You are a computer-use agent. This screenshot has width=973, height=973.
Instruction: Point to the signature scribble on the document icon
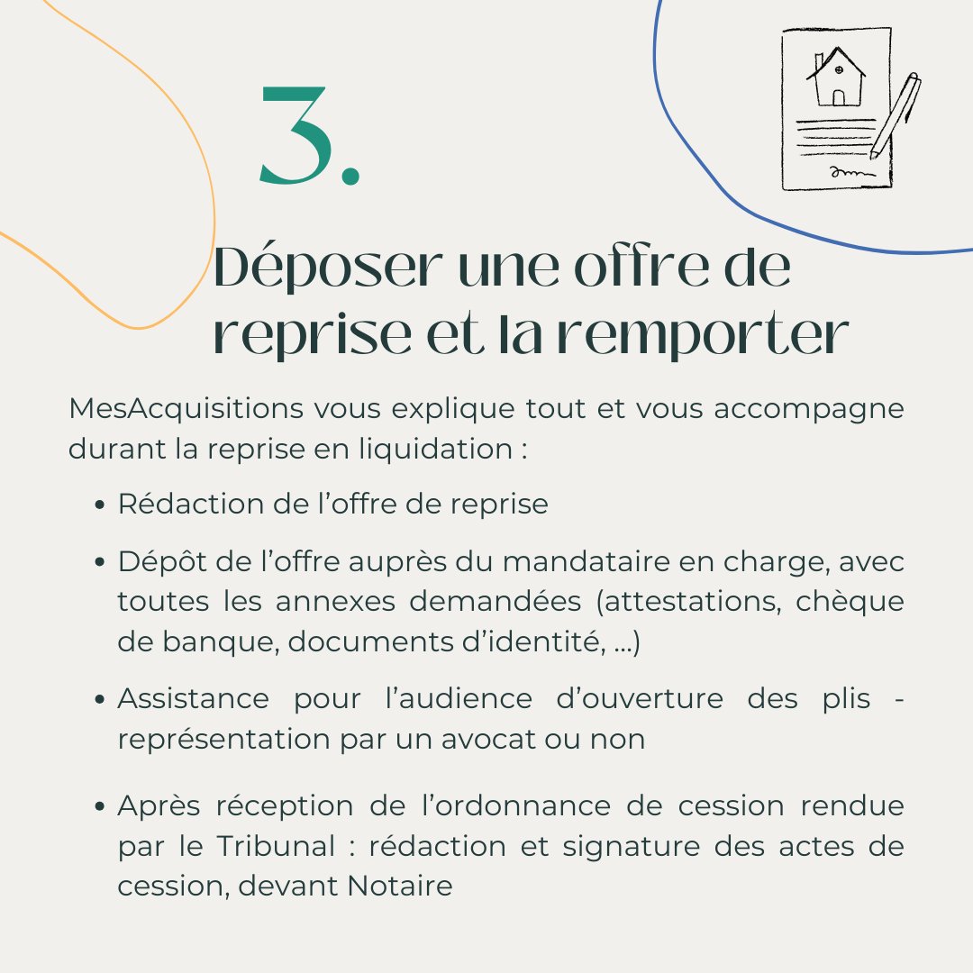coord(850,170)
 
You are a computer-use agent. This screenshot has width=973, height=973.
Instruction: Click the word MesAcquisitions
coord(186,408)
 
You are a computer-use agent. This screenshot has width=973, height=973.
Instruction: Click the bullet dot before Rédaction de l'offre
coord(102,505)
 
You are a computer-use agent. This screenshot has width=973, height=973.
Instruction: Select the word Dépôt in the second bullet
coord(159,562)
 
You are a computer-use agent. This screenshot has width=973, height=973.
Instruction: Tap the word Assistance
coord(193,698)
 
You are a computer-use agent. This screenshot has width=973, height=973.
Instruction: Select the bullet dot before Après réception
coord(102,806)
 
